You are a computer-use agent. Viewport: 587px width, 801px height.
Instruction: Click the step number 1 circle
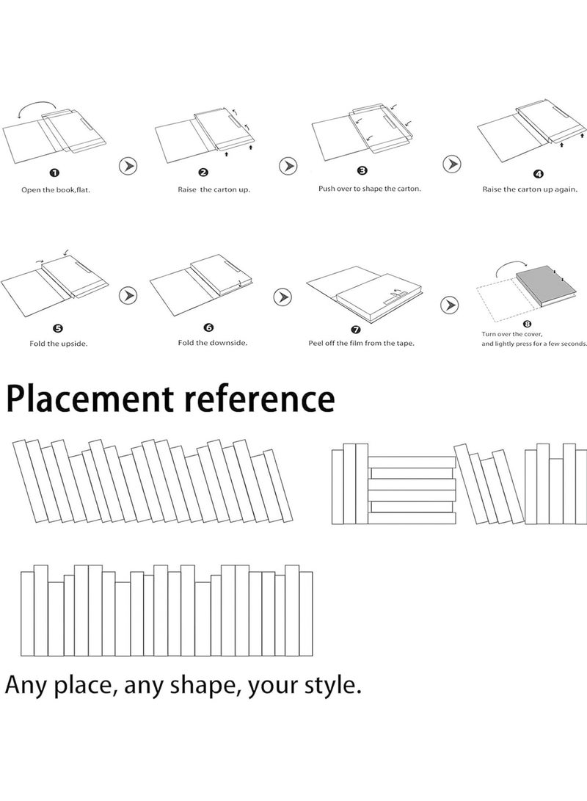pos(55,173)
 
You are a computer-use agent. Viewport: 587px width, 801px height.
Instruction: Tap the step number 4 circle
pos(539,174)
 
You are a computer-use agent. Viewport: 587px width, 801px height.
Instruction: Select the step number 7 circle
pos(357,330)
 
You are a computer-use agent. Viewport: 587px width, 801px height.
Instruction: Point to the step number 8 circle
pos(528,324)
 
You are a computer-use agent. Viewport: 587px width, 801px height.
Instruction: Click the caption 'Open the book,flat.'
pos(56,190)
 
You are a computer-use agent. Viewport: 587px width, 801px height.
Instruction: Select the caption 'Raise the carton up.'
pos(214,189)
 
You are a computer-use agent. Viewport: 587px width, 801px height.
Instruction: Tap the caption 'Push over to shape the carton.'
pos(370,189)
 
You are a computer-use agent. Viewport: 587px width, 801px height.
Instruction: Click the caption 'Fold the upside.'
pos(58,344)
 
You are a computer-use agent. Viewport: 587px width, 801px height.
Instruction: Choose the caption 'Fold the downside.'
pos(212,343)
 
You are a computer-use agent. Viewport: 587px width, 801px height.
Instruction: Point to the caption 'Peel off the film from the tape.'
pos(362,344)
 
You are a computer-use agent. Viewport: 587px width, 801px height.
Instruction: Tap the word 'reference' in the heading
pos(259,399)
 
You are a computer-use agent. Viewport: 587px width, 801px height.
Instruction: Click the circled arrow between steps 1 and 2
pos(128,166)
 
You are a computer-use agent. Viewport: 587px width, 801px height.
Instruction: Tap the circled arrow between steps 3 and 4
pos(452,164)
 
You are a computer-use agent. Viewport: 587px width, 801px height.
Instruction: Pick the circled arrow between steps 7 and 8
pos(449,305)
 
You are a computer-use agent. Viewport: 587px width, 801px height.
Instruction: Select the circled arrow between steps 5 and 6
pos(128,295)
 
